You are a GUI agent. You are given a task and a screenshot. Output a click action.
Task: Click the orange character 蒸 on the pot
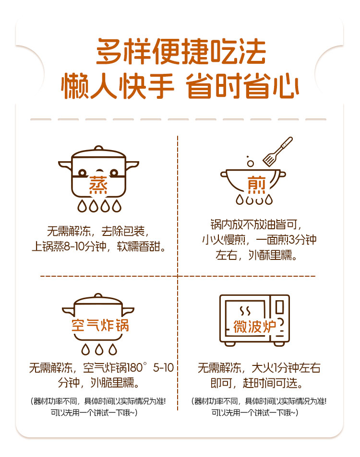[x=98, y=185]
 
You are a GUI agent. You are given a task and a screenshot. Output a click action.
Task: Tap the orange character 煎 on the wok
[x=256, y=185]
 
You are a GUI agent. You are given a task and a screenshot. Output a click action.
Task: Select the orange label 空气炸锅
[x=100, y=325]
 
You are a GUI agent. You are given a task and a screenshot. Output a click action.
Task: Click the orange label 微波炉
[x=254, y=326]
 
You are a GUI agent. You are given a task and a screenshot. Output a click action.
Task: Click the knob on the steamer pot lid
[x=98, y=148]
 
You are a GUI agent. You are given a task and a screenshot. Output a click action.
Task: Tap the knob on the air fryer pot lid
[x=98, y=296]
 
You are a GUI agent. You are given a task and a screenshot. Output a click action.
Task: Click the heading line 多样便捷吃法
[x=181, y=52]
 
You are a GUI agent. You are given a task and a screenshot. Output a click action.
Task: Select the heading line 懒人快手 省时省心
[x=180, y=86]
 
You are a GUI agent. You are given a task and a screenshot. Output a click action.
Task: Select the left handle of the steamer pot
[x=65, y=165]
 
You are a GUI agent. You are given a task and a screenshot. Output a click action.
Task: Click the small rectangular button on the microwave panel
[x=279, y=307]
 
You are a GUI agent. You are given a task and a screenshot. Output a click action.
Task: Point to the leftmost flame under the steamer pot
[x=82, y=206]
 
